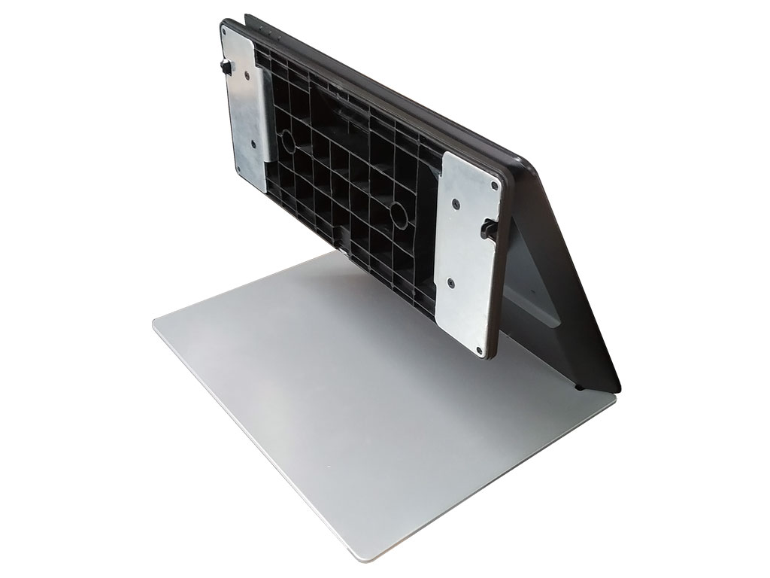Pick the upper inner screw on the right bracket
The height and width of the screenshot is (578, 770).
click(x=454, y=201)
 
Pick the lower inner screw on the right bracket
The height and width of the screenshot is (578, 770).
click(x=450, y=283)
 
